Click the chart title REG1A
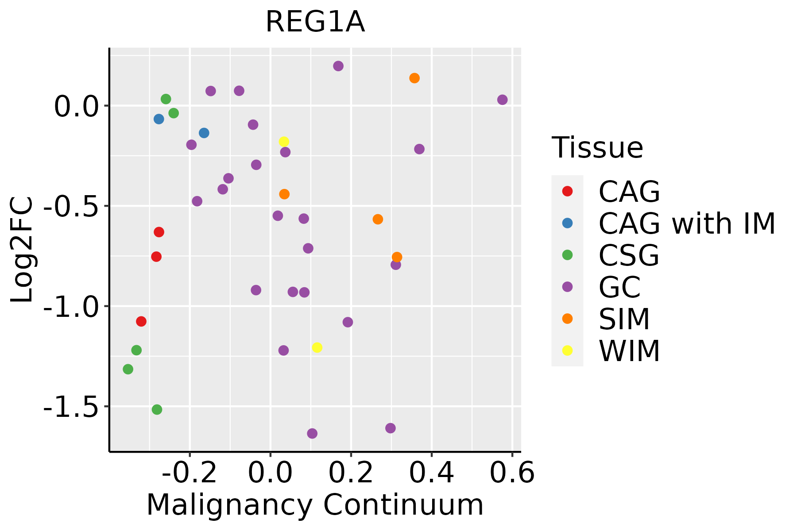click(x=315, y=22)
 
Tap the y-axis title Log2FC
click(x=22, y=250)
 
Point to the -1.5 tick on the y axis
click(x=70, y=407)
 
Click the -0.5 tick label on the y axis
click(x=70, y=206)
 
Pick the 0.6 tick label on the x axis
click(x=512, y=473)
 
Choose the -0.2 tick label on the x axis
click(x=190, y=473)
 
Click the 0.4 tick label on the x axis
click(x=431, y=473)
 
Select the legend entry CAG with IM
click(x=687, y=223)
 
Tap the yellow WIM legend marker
click(x=567, y=350)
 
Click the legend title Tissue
click(x=597, y=148)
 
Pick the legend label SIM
click(x=624, y=319)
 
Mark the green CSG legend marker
click(x=567, y=255)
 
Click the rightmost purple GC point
click(x=502, y=100)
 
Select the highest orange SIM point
click(x=414, y=78)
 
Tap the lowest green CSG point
click(x=157, y=410)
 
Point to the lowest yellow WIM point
click(x=317, y=348)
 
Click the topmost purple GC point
click(x=338, y=66)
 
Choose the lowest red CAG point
click(x=141, y=321)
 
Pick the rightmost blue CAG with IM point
click(x=204, y=133)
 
